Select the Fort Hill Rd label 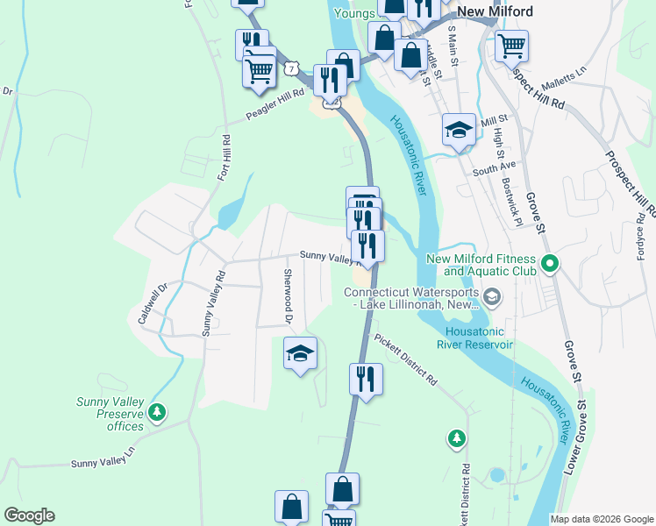225,159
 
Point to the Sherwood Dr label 287,295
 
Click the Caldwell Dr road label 152,302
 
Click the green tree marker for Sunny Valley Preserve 158,411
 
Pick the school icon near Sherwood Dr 300,353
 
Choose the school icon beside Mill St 458,131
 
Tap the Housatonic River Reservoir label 479,338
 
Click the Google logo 29,515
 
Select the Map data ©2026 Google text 601,519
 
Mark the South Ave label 494,167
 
